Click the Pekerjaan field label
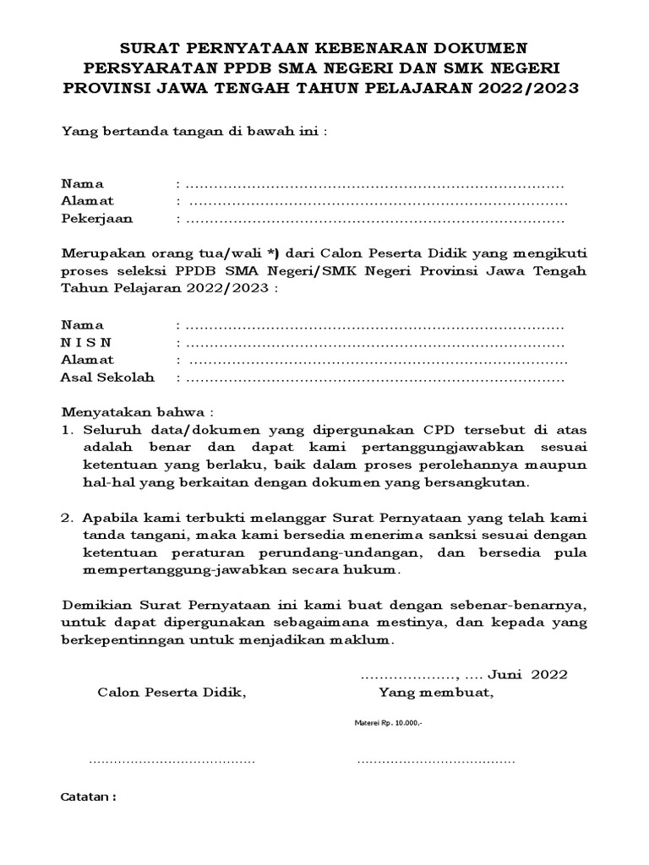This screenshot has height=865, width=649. [x=96, y=218]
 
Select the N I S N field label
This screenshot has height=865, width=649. [x=85, y=342]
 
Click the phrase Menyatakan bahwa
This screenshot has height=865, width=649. [x=134, y=413]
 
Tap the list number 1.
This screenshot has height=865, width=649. [x=67, y=431]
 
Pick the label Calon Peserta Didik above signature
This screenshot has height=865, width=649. [x=172, y=694]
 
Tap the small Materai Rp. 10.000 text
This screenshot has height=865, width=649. [x=387, y=724]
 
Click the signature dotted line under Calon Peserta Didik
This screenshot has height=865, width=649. [x=172, y=760]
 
